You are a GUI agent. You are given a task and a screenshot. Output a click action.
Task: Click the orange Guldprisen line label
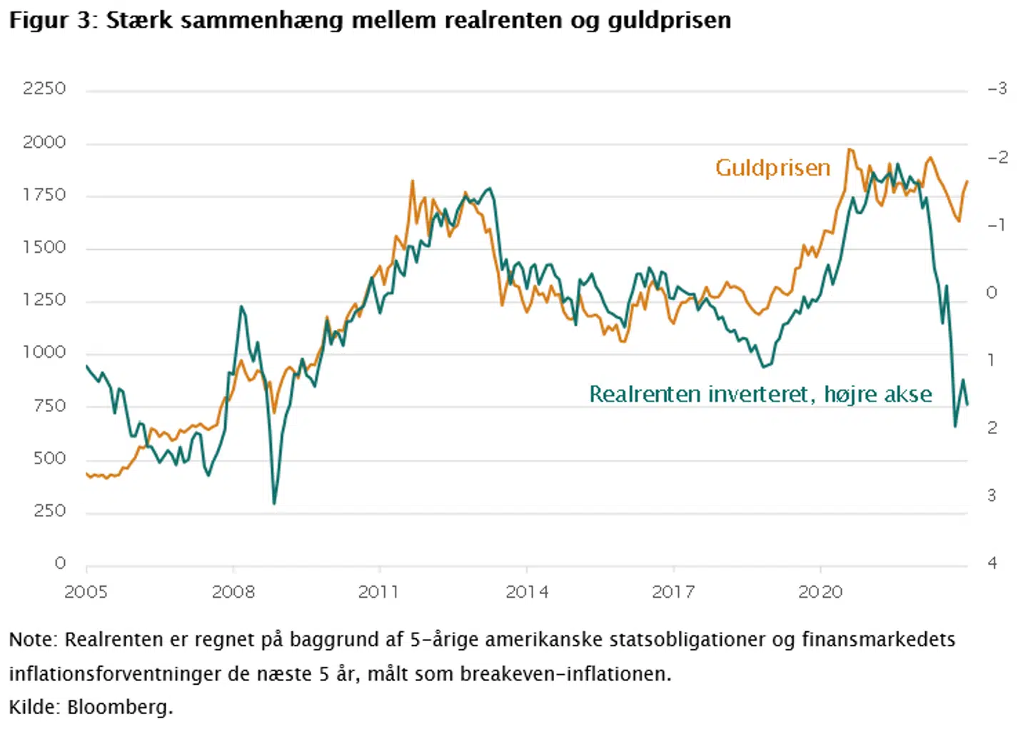point(772,168)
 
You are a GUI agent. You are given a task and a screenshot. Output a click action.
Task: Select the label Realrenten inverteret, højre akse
point(760,394)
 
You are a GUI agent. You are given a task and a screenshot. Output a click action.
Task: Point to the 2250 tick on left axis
point(44,89)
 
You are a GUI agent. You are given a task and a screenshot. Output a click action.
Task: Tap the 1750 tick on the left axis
point(44,195)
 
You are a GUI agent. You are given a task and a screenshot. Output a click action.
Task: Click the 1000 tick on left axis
point(44,352)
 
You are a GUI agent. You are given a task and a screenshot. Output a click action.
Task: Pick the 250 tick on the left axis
point(49,511)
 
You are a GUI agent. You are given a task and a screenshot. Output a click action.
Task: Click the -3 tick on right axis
point(997,89)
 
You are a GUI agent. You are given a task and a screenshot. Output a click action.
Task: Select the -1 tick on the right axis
point(997,225)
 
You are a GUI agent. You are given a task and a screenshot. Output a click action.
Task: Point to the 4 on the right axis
point(992,563)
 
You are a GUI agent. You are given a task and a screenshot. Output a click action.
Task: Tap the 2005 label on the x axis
point(86,592)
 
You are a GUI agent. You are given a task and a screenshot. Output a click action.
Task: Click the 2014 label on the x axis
point(527,592)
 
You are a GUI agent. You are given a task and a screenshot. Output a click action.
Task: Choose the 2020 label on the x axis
point(820,592)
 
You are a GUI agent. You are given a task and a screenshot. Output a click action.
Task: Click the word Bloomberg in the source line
point(120,707)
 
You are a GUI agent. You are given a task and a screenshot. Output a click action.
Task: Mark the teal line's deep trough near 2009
point(274,503)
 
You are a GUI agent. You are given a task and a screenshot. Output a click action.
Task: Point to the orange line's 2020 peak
point(850,149)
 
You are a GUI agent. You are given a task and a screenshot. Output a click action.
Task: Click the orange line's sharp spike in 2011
point(413,181)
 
